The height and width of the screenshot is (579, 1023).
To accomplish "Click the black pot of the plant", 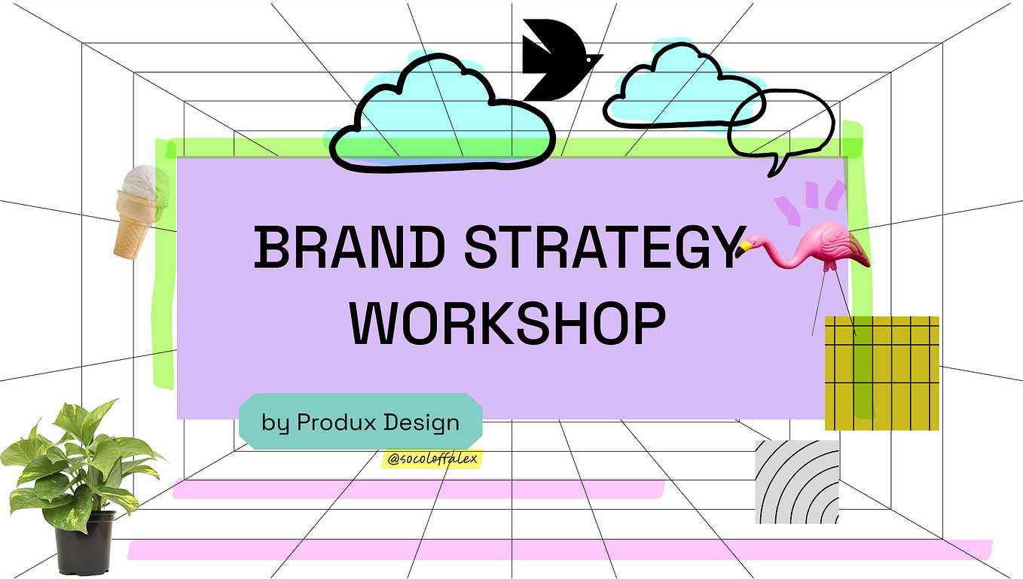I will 84,543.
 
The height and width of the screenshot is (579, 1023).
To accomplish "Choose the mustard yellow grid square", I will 882,373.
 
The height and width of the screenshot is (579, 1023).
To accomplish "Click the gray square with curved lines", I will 797,482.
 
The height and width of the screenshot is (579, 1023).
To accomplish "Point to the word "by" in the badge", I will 276,422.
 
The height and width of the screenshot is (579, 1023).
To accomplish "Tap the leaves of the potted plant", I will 79,459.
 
